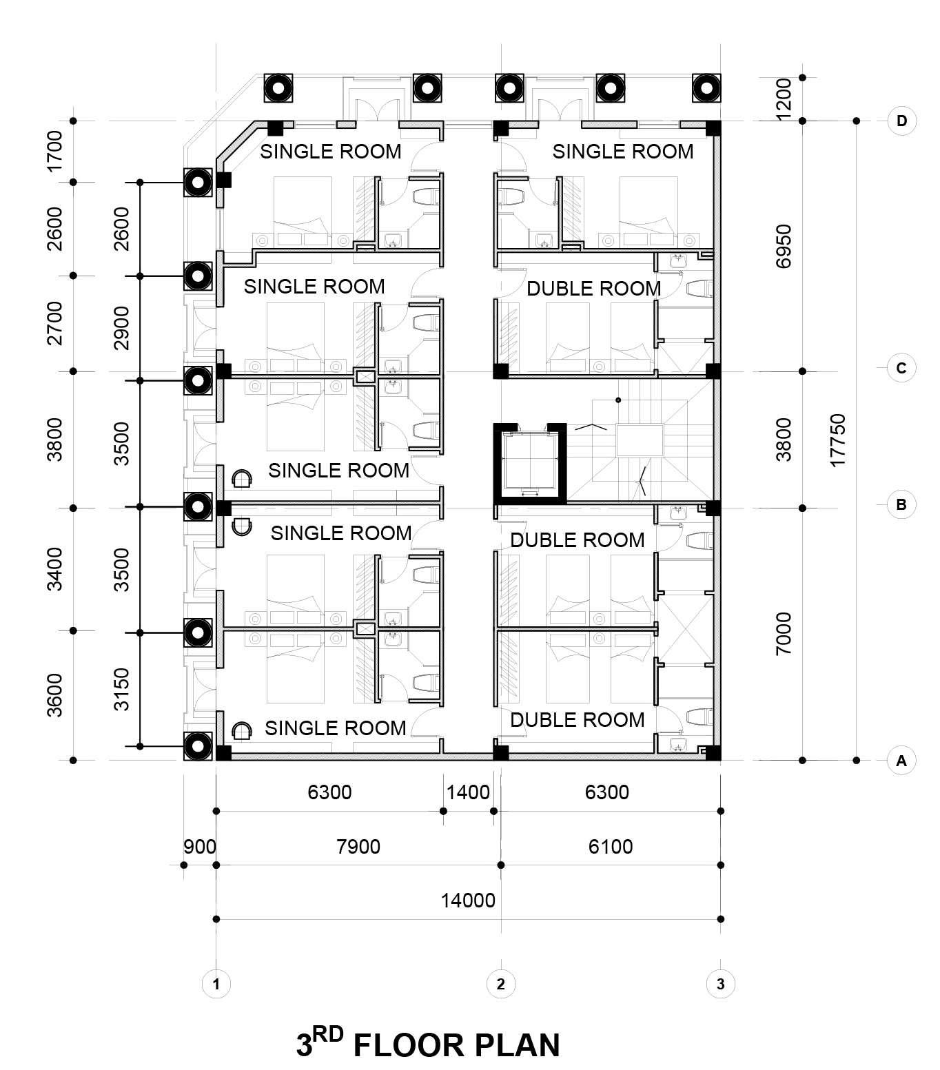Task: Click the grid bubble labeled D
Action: pyautogui.click(x=901, y=121)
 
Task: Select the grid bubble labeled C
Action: pyautogui.click(x=901, y=368)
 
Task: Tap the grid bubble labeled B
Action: pyautogui.click(x=901, y=504)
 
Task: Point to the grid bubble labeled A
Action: pyautogui.click(x=901, y=761)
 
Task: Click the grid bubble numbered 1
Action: pyautogui.click(x=216, y=984)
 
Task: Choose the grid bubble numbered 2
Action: pyautogui.click(x=500, y=984)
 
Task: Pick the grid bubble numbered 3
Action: pyautogui.click(x=720, y=984)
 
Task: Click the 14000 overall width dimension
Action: pyautogui.click(x=468, y=901)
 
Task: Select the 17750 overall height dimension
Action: pyautogui.click(x=837, y=440)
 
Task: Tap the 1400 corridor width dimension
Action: pyautogui.click(x=468, y=792)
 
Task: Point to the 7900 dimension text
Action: pyautogui.click(x=358, y=847)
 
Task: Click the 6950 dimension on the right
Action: pyautogui.click(x=784, y=246)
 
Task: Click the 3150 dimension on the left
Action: pyautogui.click(x=122, y=689)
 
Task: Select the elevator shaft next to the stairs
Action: pyautogui.click(x=529, y=463)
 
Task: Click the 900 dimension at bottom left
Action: pyautogui.click(x=200, y=847)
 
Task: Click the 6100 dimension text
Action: pyautogui.click(x=611, y=847)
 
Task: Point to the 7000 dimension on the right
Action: pyautogui.click(x=784, y=634)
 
